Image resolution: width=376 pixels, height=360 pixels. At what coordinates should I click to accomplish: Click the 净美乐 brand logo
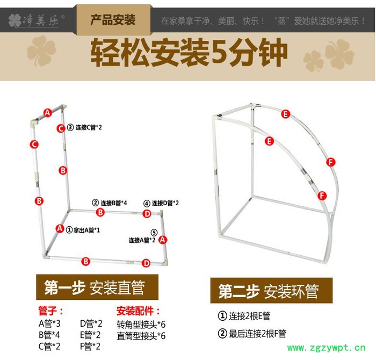click(x=37, y=21)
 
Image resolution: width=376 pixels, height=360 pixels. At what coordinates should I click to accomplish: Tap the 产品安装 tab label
click(x=112, y=21)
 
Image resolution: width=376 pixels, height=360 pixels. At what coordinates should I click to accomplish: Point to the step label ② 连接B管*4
click(x=110, y=203)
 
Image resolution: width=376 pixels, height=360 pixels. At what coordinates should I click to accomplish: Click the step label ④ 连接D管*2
click(x=161, y=203)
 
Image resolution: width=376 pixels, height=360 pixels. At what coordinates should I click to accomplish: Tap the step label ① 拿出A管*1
click(x=83, y=229)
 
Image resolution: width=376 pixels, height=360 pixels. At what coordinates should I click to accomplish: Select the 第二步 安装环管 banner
click(x=271, y=291)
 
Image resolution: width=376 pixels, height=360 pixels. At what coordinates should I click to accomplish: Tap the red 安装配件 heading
click(x=139, y=311)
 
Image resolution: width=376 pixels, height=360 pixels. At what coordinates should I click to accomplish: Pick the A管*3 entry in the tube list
click(x=49, y=323)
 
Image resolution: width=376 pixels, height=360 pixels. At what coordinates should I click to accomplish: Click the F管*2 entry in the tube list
click(x=90, y=346)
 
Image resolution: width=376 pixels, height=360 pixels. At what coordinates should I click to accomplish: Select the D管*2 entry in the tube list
click(x=90, y=323)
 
